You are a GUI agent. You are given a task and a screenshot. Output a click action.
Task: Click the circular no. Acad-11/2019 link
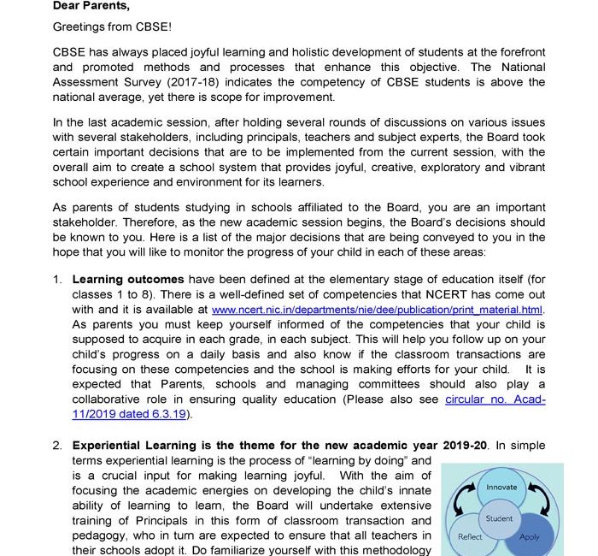[495, 399]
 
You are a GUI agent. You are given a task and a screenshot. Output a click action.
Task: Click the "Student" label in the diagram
[499, 518]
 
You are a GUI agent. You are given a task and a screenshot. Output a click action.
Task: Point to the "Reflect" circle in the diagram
[471, 537]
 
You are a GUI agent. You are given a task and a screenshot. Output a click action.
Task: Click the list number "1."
[57, 279]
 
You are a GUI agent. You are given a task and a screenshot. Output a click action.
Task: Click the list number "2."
[57, 446]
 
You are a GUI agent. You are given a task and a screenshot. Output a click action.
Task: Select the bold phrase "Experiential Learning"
[137, 446]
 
